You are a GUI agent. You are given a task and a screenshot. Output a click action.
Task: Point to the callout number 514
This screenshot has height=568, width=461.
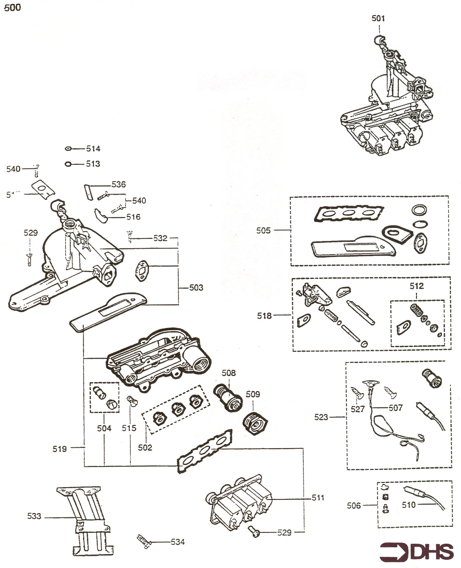tap(93, 149)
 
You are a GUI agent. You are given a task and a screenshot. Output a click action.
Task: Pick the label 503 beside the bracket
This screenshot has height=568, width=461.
tap(196, 288)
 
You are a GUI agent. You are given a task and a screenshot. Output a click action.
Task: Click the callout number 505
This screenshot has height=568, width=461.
tap(263, 231)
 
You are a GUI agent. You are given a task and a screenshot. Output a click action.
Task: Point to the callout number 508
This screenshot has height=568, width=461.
tap(229, 373)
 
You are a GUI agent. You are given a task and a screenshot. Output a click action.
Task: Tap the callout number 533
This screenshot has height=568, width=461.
tap(34, 516)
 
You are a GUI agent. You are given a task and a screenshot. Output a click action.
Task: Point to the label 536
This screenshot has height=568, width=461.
tap(118, 184)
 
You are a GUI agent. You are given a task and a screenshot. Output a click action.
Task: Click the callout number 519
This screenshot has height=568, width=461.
tap(59, 449)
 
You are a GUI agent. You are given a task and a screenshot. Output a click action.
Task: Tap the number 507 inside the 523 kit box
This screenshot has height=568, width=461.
tap(396, 408)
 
